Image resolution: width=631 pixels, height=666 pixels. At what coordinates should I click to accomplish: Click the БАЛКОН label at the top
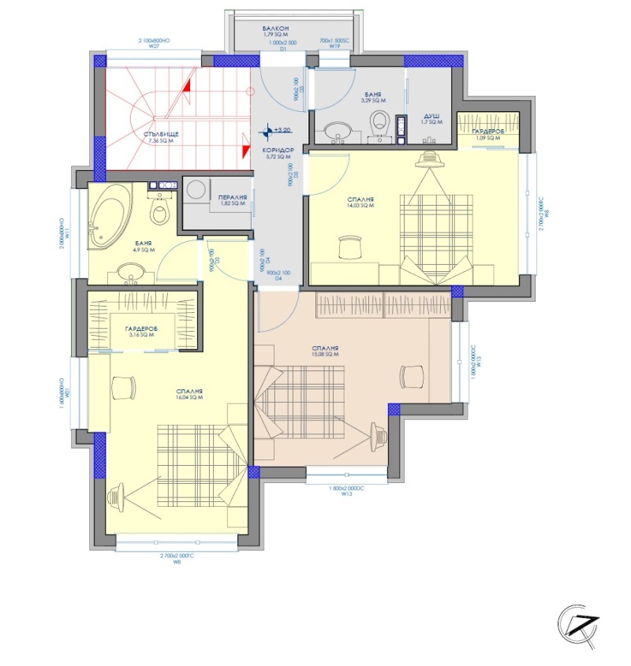[277, 28]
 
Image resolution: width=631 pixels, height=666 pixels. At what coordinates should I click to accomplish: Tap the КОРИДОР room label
[277, 150]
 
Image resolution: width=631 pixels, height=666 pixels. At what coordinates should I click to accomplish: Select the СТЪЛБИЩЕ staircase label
[161, 134]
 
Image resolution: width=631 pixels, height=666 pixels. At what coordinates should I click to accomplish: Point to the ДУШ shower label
[431, 115]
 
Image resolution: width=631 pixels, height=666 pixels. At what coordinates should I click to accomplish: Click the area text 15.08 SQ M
[325, 355]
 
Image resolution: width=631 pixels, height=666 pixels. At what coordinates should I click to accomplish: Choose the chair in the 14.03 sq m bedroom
[348, 247]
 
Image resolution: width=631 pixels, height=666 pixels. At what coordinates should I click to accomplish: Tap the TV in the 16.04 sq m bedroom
[117, 496]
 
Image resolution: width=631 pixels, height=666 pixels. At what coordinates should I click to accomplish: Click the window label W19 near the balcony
[334, 47]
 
